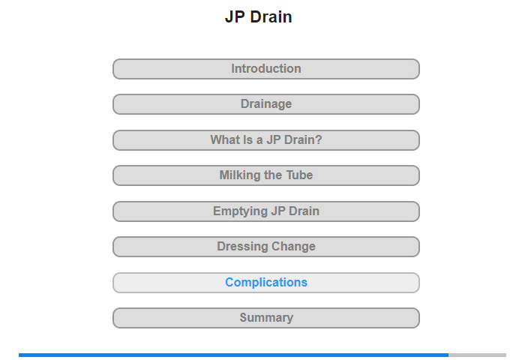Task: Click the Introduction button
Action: (x=266, y=69)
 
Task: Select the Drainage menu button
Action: (x=266, y=104)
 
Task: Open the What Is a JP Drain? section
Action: (x=266, y=140)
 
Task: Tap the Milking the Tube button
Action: (x=266, y=175)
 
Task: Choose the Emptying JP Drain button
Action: (x=266, y=211)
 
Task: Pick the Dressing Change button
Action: (x=266, y=247)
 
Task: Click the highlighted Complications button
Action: (x=266, y=283)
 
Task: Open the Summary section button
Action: (x=266, y=318)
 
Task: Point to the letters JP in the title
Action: (x=235, y=16)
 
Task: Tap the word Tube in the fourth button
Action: (x=299, y=175)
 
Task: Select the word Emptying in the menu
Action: (x=241, y=211)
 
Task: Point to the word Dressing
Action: (x=242, y=247)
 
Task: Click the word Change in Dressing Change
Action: (x=293, y=247)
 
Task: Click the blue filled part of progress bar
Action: (x=234, y=355)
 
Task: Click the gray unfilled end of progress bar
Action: (x=478, y=355)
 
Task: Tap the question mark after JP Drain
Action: (x=319, y=139)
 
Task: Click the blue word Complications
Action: (x=266, y=283)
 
